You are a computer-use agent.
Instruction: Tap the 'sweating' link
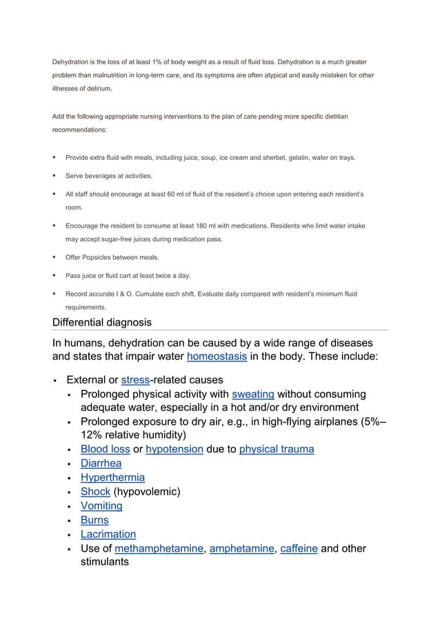coord(253,394)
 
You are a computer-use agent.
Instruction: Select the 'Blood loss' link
coord(105,449)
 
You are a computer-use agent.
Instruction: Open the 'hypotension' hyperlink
coord(174,449)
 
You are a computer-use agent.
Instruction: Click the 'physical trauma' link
coord(277,449)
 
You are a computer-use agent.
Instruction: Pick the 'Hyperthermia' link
coord(112,477)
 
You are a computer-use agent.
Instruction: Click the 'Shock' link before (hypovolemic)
coord(95,492)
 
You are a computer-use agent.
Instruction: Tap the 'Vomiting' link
coord(101,505)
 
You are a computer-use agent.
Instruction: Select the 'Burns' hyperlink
coord(94,520)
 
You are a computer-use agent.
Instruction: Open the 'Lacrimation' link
coord(108,534)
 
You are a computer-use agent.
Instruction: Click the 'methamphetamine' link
coord(159,548)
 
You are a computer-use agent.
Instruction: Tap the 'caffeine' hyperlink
coord(298,548)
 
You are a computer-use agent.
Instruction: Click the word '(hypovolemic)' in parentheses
coord(147,492)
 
